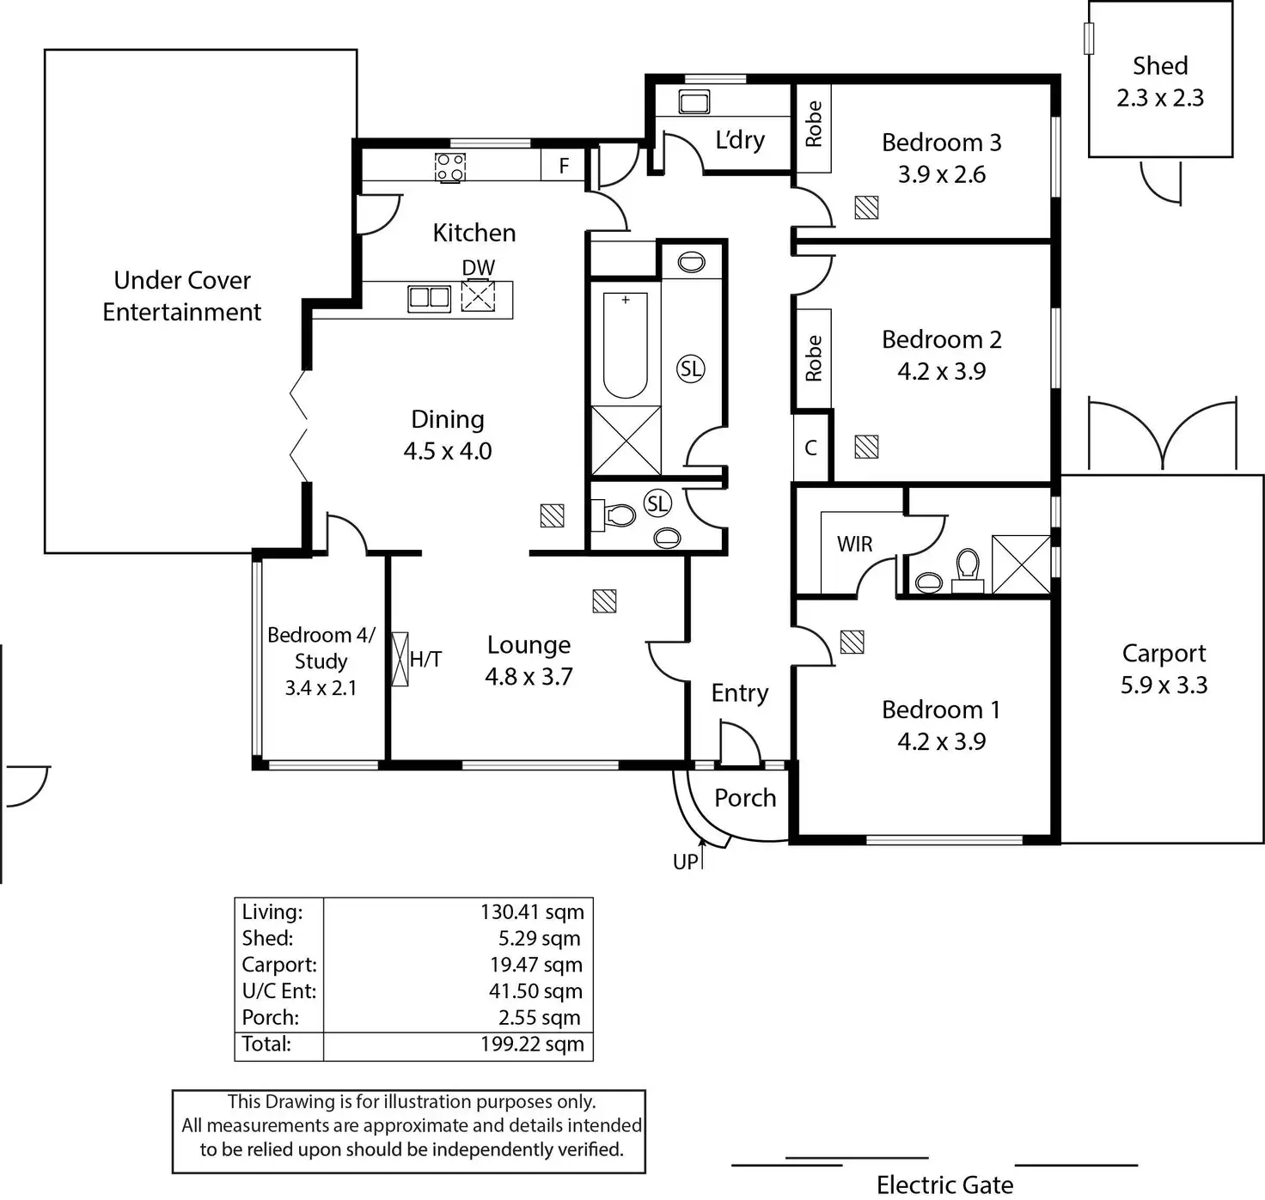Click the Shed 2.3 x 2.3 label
[1160, 82]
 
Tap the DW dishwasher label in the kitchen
[479, 268]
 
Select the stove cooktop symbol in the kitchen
[450, 168]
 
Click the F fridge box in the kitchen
[564, 165]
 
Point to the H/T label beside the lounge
[425, 660]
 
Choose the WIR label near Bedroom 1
[854, 544]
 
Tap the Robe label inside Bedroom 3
[813, 124]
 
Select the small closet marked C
[810, 448]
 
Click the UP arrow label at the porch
[686, 862]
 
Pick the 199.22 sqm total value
[532, 1045]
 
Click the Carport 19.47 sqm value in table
[535, 965]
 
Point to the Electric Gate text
[944, 1185]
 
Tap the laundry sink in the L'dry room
[694, 102]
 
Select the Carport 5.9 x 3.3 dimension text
[1164, 685]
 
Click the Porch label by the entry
[745, 798]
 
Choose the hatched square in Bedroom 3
[866, 208]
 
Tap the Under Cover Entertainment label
[182, 296]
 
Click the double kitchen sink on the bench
[429, 298]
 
